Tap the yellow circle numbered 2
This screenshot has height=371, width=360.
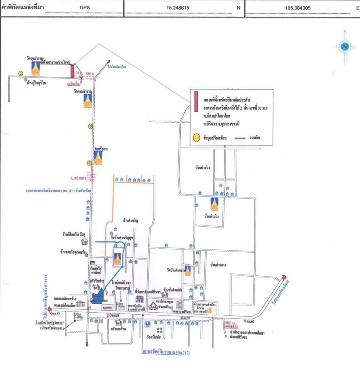pyautogui.click(x=21, y=73)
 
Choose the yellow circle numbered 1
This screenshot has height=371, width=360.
pyautogui.click(x=90, y=163)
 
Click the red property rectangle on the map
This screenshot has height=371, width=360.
pyautogui.click(x=72, y=71)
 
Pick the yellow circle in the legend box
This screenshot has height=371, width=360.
pyautogui.click(x=196, y=138)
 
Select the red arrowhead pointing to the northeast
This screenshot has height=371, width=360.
pyautogui.click(x=284, y=277)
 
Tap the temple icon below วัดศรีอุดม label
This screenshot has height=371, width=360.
pyautogui.click(x=98, y=157)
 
